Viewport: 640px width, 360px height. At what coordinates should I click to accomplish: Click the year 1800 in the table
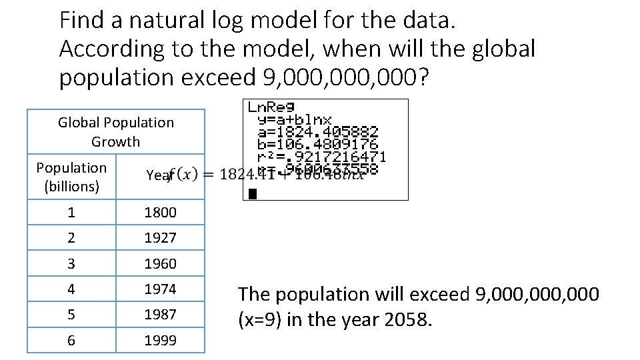tap(161, 213)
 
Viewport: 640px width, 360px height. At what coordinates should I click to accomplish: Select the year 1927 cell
tap(161, 238)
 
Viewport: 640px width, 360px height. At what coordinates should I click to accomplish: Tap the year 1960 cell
tap(161, 264)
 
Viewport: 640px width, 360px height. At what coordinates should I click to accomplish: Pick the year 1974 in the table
tap(161, 289)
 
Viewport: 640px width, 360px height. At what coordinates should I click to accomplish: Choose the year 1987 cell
tap(161, 315)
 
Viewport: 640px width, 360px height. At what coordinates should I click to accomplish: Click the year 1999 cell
tap(161, 341)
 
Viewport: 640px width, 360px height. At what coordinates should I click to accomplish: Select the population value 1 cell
tap(71, 213)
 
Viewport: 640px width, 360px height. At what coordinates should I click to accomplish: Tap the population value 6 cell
tap(71, 341)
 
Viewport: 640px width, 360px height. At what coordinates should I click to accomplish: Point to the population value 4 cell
tap(71, 289)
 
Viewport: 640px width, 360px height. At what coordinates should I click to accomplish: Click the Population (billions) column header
tap(71, 177)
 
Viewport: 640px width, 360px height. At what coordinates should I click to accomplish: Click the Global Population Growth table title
tap(115, 132)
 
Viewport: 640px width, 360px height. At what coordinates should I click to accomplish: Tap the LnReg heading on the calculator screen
tap(271, 107)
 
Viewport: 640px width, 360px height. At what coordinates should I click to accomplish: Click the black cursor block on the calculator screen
tap(252, 194)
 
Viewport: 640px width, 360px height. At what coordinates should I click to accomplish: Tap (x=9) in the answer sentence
tap(262, 321)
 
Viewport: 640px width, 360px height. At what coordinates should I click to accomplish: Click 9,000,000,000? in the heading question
tap(343, 78)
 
